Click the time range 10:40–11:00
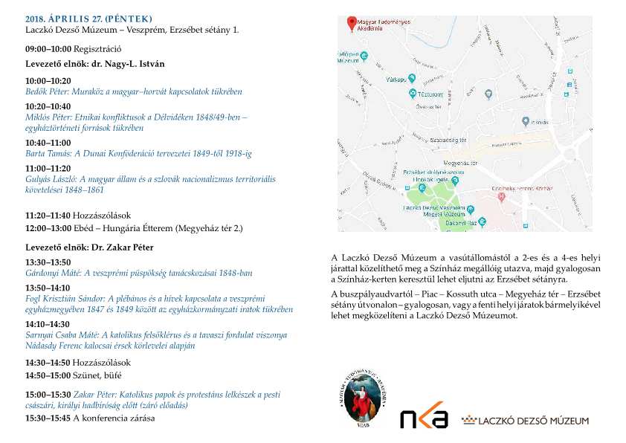point(48,143)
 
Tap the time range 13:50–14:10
point(48,287)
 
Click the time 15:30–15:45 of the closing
point(48,418)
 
